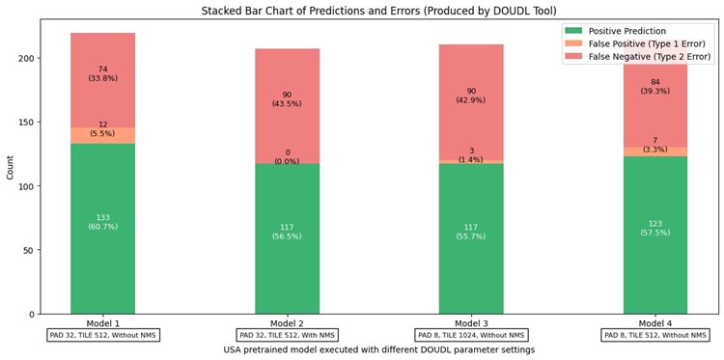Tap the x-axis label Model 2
tap(287, 322)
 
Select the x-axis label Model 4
tap(655, 322)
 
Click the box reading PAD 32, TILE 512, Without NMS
tap(103, 335)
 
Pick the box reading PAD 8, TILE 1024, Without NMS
tap(471, 335)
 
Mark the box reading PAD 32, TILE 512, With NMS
tap(287, 335)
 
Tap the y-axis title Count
tap(11, 167)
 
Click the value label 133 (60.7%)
tap(102, 222)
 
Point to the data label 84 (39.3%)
tap(655, 87)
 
